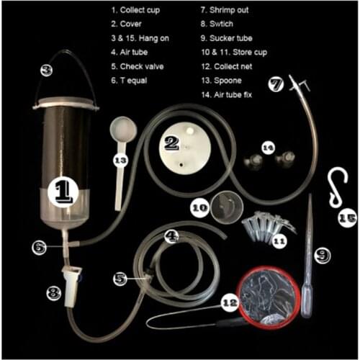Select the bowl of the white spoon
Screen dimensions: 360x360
pyautogui.click(x=123, y=130)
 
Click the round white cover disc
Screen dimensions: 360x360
pyautogui.click(x=185, y=148)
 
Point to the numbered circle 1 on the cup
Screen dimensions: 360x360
pyautogui.click(x=63, y=192)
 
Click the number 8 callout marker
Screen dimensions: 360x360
pyautogui.click(x=54, y=293)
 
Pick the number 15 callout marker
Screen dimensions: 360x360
pyautogui.click(x=347, y=218)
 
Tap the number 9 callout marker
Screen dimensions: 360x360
pyautogui.click(x=323, y=256)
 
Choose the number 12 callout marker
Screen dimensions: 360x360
pyautogui.click(x=230, y=303)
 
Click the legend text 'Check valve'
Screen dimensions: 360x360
pyautogui.click(x=138, y=66)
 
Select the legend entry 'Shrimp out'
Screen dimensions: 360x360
pyautogui.click(x=225, y=10)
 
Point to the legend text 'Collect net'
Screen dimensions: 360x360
pyautogui.click(x=227, y=66)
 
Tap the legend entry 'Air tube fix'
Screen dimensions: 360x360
pyautogui.click(x=227, y=95)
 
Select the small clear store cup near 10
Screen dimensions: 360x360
pyautogui.click(x=227, y=207)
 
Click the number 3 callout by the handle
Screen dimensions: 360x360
pyautogui.click(x=46, y=71)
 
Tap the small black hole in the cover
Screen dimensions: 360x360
pyautogui.click(x=181, y=165)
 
